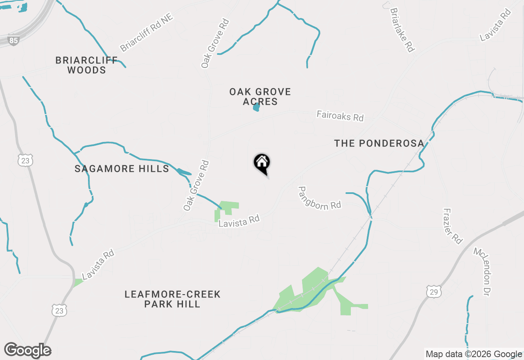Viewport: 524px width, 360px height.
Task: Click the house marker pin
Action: coord(262,164)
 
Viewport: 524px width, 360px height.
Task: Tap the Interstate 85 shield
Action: coord(14,41)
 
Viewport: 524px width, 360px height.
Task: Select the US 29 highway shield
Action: coord(433,292)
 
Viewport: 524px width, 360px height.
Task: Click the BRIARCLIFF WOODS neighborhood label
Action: coord(86,65)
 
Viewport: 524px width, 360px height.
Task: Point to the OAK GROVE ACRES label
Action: coord(260,97)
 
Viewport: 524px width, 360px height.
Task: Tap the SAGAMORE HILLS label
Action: coord(122,169)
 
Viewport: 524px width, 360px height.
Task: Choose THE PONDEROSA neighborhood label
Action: coord(379,143)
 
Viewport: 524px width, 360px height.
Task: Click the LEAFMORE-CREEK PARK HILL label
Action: coord(172,299)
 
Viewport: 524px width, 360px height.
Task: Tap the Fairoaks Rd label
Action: coord(340,116)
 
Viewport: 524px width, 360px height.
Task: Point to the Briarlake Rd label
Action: coord(402,29)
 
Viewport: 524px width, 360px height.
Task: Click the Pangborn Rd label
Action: coord(319,198)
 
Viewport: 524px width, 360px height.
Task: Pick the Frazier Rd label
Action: coord(452,226)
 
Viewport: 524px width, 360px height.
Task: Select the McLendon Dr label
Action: coord(481,272)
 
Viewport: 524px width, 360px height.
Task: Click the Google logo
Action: coord(28,351)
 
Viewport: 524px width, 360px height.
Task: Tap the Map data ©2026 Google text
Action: coord(474,354)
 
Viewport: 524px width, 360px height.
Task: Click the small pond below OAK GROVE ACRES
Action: coord(256,108)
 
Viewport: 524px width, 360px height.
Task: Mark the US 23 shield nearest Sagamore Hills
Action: coord(25,160)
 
